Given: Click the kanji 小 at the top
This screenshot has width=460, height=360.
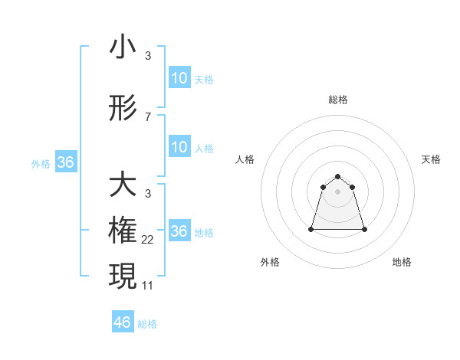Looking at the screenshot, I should [x=123, y=47].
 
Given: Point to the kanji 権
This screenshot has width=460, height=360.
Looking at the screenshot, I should [x=123, y=231].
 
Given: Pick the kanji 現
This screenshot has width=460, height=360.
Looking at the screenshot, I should [x=123, y=277].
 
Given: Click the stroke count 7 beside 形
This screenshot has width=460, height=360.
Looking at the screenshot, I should [x=147, y=117].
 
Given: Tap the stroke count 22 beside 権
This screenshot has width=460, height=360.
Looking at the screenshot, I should [x=148, y=240].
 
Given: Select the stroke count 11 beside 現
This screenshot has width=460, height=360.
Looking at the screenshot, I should [x=148, y=286].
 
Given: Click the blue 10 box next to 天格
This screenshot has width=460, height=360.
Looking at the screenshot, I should [x=179, y=78].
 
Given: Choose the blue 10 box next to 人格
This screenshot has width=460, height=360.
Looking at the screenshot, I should [x=179, y=147].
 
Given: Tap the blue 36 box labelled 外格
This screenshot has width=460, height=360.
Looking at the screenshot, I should [x=65, y=162].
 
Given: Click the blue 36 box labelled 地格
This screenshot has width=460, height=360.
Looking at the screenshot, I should [x=179, y=231].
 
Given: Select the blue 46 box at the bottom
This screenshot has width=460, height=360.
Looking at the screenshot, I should [x=122, y=322].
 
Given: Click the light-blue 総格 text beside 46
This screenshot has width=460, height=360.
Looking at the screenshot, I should [x=147, y=324].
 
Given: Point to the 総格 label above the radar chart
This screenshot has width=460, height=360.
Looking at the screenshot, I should [x=337, y=100].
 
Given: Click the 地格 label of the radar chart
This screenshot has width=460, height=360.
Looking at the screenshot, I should [x=402, y=262].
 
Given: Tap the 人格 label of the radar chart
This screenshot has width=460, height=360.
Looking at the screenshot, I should [x=245, y=159].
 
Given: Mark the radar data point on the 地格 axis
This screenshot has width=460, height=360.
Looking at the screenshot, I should [x=364, y=229].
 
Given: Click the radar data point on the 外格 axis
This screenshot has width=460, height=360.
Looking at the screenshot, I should [x=311, y=229].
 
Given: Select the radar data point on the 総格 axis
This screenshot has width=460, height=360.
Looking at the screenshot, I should [x=337, y=172].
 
